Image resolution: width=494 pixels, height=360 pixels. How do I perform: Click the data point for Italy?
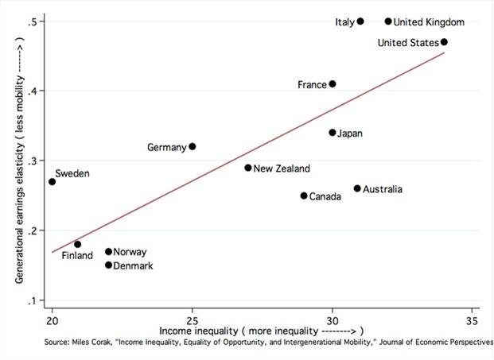click(360, 21)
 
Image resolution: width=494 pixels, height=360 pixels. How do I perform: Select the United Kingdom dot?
click(388, 21)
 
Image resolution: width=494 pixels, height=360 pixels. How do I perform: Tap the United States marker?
click(444, 42)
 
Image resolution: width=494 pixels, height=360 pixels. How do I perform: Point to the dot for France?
click(333, 83)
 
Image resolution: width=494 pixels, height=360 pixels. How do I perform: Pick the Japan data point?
click(333, 133)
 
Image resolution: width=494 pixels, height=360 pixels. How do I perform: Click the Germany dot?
click(193, 146)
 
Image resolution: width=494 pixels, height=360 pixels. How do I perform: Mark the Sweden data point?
click(53, 182)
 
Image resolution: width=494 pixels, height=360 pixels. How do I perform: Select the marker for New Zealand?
click(248, 168)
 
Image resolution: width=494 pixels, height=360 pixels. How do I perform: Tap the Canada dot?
click(304, 195)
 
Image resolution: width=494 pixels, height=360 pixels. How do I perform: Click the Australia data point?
click(357, 188)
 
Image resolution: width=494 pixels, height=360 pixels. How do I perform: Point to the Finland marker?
click(77, 245)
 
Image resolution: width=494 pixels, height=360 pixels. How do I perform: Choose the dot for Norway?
click(108, 252)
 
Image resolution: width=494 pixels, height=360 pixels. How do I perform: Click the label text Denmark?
click(133, 265)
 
